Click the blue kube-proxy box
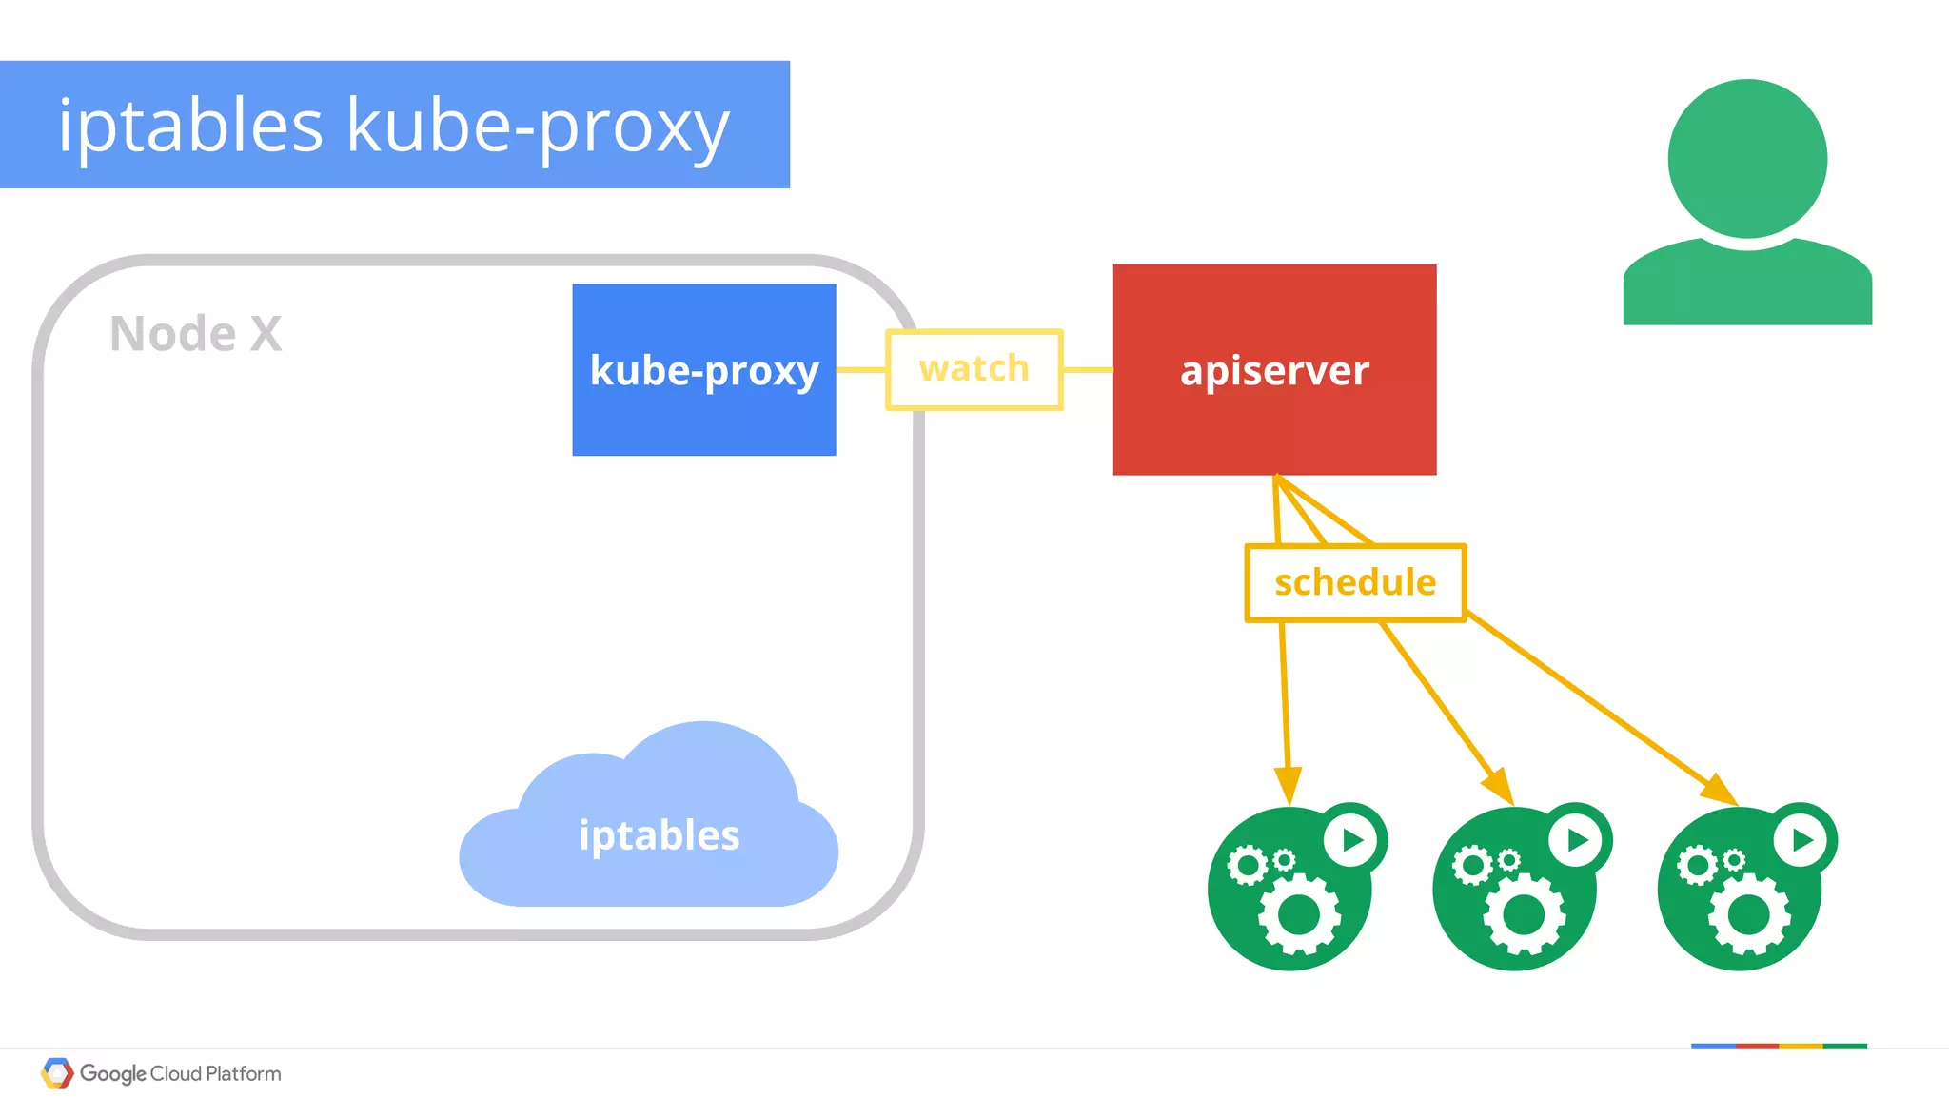coord(703,370)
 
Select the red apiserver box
coord(1274,370)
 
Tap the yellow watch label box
coord(974,369)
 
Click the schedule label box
coord(1355,582)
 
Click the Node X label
coord(196,334)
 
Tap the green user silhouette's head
coord(1747,159)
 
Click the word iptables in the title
coord(190,126)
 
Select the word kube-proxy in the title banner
coord(538,126)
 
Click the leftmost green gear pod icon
coord(1289,890)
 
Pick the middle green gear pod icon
coord(1514,890)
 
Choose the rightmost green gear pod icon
coord(1739,890)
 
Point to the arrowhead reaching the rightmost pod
coord(1721,791)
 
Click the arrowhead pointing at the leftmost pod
coord(1288,786)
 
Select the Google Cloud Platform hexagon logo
coord(57,1073)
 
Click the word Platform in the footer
coord(244,1073)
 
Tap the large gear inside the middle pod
coord(1524,915)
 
